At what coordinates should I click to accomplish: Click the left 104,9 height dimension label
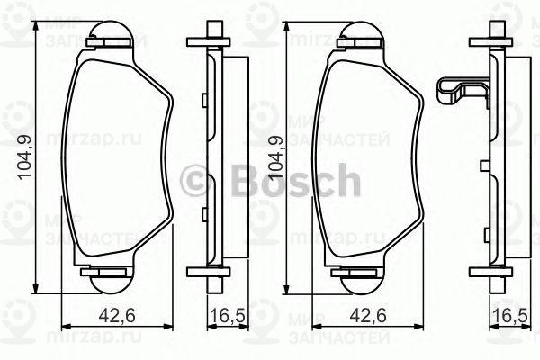[25, 155]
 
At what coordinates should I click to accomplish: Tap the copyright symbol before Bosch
[193, 183]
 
